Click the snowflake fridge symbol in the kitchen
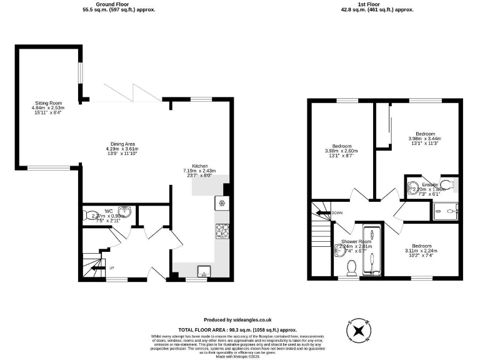pos(222,203)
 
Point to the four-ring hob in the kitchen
pos(222,231)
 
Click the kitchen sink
pos(203,271)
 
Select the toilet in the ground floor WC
pos(87,216)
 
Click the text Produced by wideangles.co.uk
pos(237,319)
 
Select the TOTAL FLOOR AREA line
pos(237,329)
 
